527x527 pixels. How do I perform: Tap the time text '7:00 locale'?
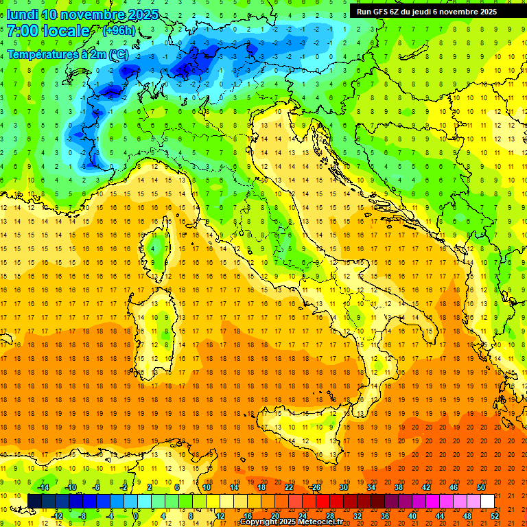[x=48, y=31]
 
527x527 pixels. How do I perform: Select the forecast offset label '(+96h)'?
[x=118, y=31]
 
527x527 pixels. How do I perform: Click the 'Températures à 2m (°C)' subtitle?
[x=67, y=54]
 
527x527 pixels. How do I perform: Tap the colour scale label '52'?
[x=495, y=516]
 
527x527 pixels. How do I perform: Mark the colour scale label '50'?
[x=481, y=487]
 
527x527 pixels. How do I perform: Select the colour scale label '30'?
[x=344, y=487]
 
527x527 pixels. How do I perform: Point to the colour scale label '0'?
[x=137, y=516]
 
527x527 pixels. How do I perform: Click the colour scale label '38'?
[x=399, y=487]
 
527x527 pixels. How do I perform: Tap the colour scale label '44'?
[x=440, y=516]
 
